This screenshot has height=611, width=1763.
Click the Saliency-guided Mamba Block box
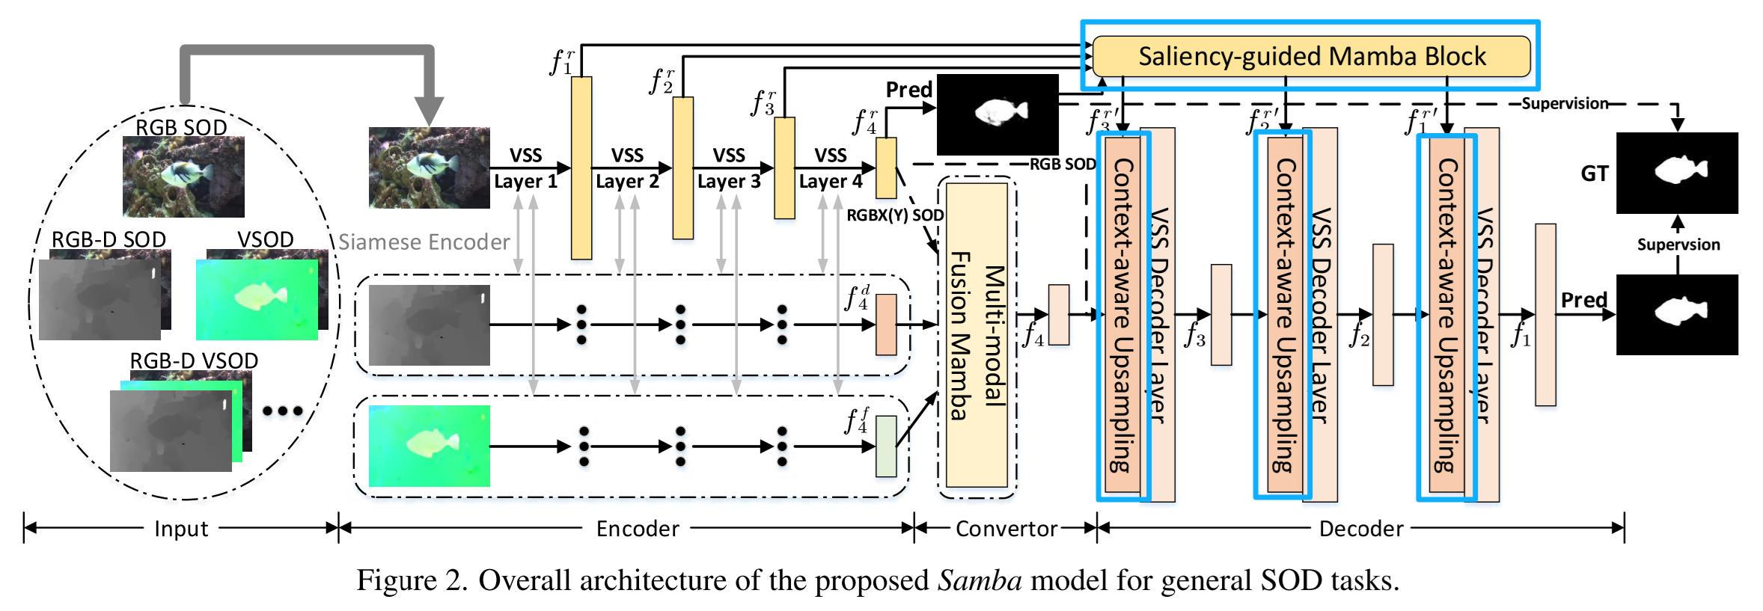pos(1311,57)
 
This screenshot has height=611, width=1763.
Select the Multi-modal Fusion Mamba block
pos(977,337)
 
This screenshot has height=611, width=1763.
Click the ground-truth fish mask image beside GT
pos(1677,173)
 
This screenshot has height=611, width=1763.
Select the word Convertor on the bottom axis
pos(1006,529)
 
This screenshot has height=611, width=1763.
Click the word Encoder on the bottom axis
pos(637,529)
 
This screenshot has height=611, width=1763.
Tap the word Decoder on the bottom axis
pos(1360,529)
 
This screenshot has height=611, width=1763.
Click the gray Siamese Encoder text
pos(424,242)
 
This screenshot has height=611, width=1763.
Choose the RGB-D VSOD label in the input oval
pos(194,360)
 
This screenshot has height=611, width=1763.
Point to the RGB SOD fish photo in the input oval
pos(183,176)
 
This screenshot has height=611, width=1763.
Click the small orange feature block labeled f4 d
pos(885,324)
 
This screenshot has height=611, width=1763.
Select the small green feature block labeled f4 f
pos(885,446)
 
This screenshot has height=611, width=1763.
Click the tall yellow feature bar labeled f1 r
pos(581,168)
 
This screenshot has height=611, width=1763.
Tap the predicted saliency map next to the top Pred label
pos(997,114)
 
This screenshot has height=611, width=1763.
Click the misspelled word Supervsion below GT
pos(1678,245)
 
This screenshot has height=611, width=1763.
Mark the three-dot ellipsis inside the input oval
pos(283,411)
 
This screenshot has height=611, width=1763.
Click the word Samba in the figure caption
pos(979,580)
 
